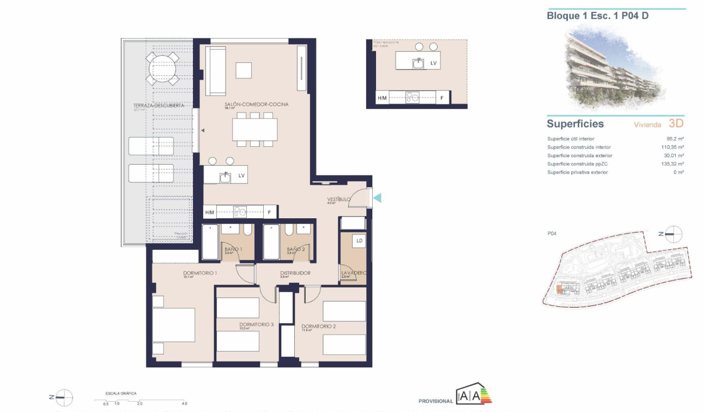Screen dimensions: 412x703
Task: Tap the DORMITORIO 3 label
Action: point(256,324)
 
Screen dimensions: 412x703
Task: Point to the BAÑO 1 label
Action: point(233,249)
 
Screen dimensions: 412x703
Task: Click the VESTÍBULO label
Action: point(338,199)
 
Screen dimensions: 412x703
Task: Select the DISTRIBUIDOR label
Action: point(295,273)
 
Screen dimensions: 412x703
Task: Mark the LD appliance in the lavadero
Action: point(359,240)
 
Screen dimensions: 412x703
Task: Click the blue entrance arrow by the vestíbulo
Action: point(377,198)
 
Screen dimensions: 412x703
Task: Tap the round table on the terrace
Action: point(162,68)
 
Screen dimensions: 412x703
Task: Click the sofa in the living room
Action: point(215,70)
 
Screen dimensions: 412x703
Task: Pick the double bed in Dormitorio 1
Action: point(173,325)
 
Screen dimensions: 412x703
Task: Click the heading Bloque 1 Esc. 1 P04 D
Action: point(597,16)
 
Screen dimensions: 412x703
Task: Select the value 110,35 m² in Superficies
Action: point(672,147)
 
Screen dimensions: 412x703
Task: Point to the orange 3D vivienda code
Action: point(676,124)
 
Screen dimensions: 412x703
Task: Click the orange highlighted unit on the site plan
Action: point(559,290)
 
